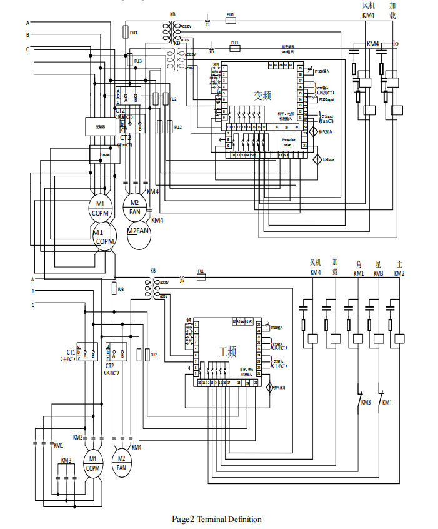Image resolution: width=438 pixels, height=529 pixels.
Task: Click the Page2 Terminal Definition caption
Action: pos(217,519)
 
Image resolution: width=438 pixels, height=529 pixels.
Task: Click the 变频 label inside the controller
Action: pos(262,96)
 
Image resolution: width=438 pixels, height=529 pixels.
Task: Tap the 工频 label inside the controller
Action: pos(227,351)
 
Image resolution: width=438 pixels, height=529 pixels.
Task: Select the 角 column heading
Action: pos(359,264)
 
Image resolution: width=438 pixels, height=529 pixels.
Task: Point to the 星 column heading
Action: pos(378,264)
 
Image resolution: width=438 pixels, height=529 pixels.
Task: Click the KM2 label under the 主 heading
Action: pos(399,273)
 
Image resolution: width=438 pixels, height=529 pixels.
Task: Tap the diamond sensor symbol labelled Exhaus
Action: pos(317,159)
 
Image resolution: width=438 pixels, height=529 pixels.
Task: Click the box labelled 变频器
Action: pos(101,126)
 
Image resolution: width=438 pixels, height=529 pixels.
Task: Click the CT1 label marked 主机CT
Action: pos(67,355)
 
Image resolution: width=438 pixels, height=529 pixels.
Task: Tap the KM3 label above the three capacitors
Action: pos(66,460)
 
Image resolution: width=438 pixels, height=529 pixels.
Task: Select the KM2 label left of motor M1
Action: pos(77,436)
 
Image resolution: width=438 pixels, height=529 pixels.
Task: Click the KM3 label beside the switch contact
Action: pos(366,402)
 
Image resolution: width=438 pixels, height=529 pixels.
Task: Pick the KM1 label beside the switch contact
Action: pos(387,402)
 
